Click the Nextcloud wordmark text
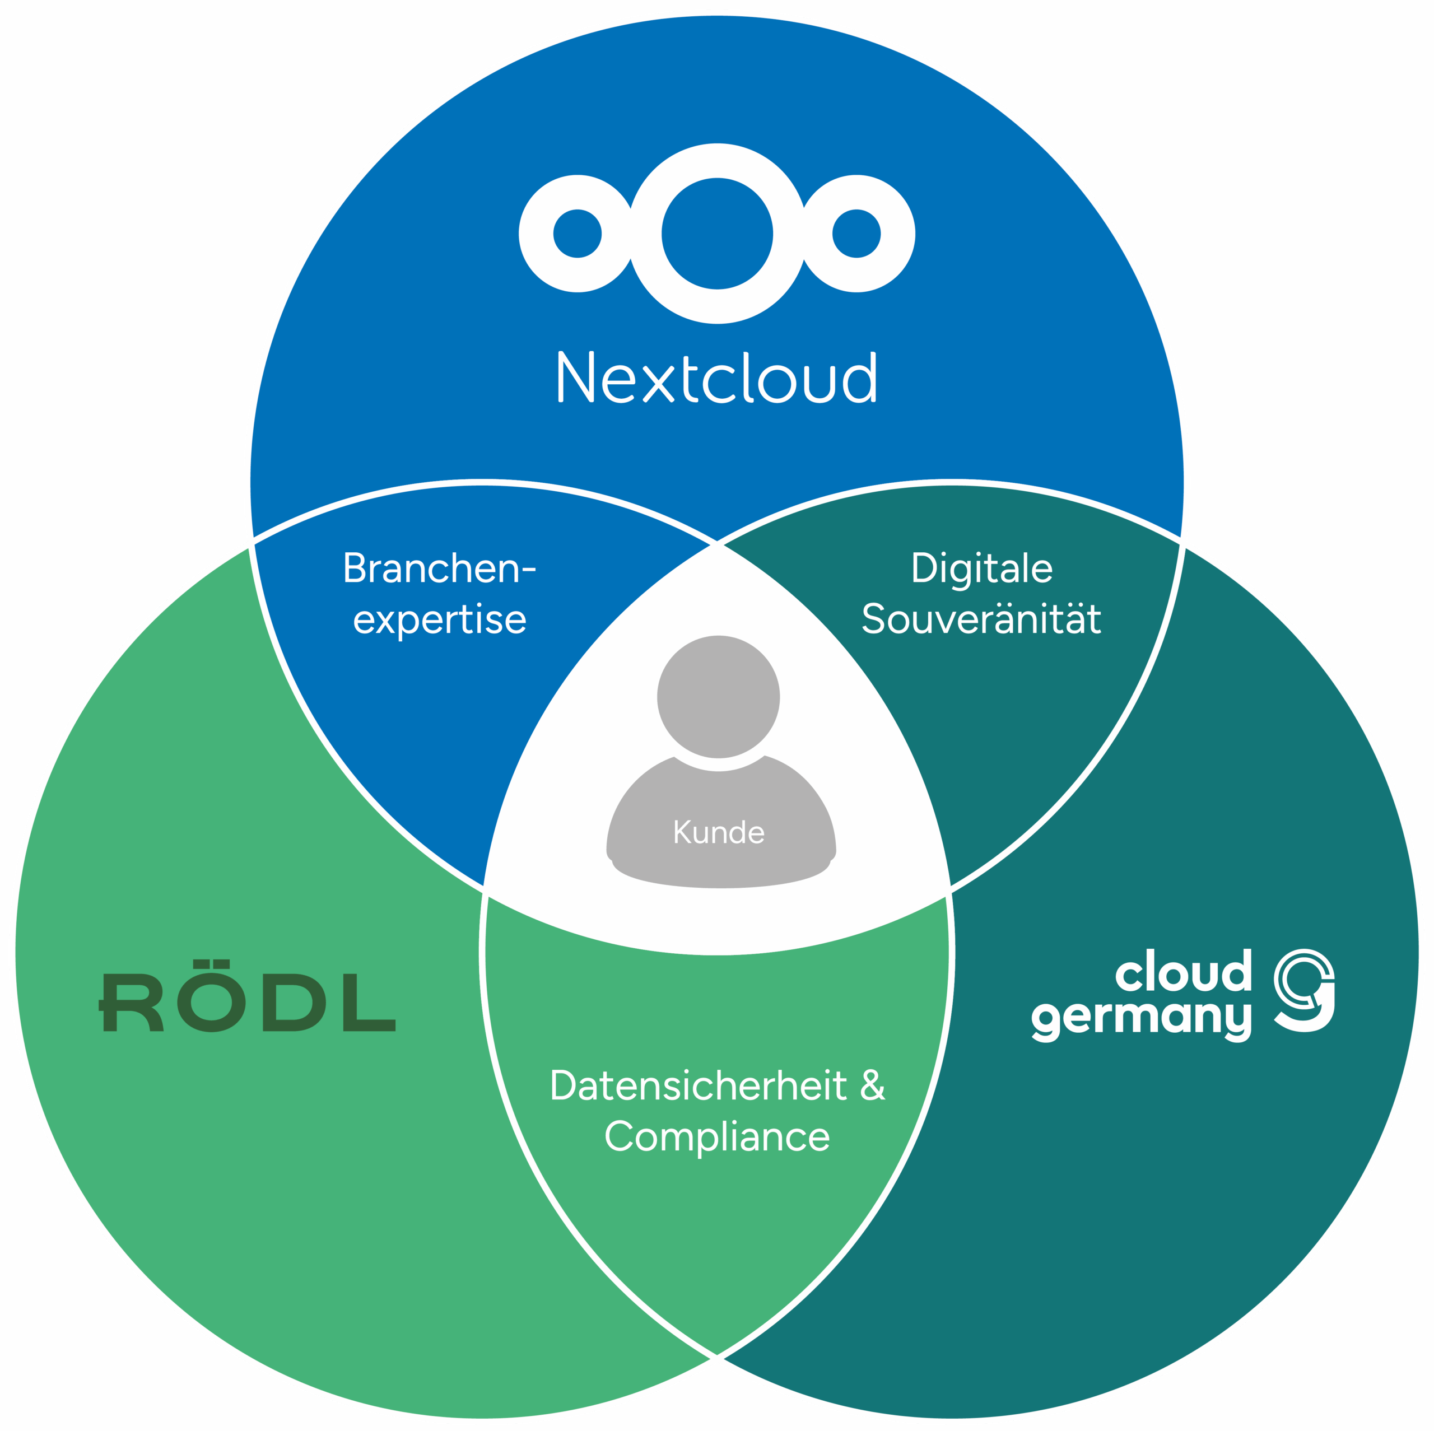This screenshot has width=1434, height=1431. (x=717, y=377)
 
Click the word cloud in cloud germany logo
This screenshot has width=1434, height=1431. (x=1183, y=970)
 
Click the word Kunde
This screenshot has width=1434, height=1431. (x=719, y=832)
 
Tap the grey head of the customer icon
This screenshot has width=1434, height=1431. (x=719, y=697)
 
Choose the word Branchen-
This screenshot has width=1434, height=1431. (x=439, y=568)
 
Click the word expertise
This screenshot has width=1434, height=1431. (x=439, y=619)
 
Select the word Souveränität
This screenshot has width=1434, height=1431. (x=981, y=618)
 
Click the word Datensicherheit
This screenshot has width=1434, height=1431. (x=699, y=1086)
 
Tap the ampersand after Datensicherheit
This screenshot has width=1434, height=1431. (x=872, y=1086)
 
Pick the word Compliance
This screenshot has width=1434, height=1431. (x=717, y=1136)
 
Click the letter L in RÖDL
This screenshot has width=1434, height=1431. (x=368, y=1003)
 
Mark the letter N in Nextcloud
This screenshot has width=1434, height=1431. (x=576, y=377)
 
